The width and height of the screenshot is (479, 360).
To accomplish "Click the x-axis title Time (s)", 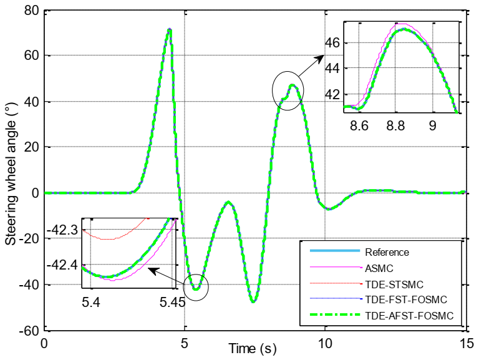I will click(x=253, y=348).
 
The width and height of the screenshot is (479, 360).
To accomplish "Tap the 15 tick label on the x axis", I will click(x=465, y=343).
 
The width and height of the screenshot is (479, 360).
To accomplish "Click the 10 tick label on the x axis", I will click(x=325, y=343).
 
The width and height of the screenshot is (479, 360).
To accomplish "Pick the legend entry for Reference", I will click(x=387, y=252).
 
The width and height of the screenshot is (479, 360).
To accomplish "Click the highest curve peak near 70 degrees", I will click(x=169, y=29).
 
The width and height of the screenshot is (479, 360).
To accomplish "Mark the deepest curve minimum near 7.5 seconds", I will click(x=253, y=302).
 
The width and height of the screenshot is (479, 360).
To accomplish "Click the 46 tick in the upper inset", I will click(x=334, y=43).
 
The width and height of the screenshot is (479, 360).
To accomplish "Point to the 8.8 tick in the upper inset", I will click(x=395, y=125).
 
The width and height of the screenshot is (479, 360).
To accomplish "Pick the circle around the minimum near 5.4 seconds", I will click(x=196, y=286).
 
